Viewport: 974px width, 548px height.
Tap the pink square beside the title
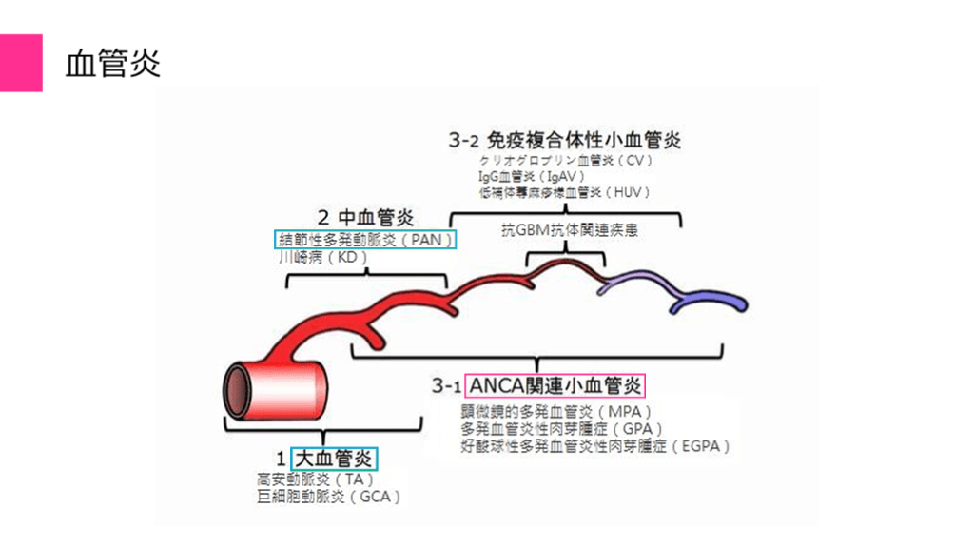click(21, 63)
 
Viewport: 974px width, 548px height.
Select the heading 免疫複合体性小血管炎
click(565, 140)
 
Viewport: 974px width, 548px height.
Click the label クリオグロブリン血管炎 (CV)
click(566, 160)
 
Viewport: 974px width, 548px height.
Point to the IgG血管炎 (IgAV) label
click(532, 176)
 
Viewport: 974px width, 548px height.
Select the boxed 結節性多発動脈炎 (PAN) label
click(365, 239)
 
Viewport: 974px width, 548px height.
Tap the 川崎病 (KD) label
click(322, 257)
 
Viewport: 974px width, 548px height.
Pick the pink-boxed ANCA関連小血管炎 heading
click(555, 385)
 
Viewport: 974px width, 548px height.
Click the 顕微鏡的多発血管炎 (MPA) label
click(555, 412)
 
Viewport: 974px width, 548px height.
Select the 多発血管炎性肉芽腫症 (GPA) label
click(561, 428)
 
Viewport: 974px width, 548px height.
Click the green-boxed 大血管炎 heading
click(335, 459)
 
